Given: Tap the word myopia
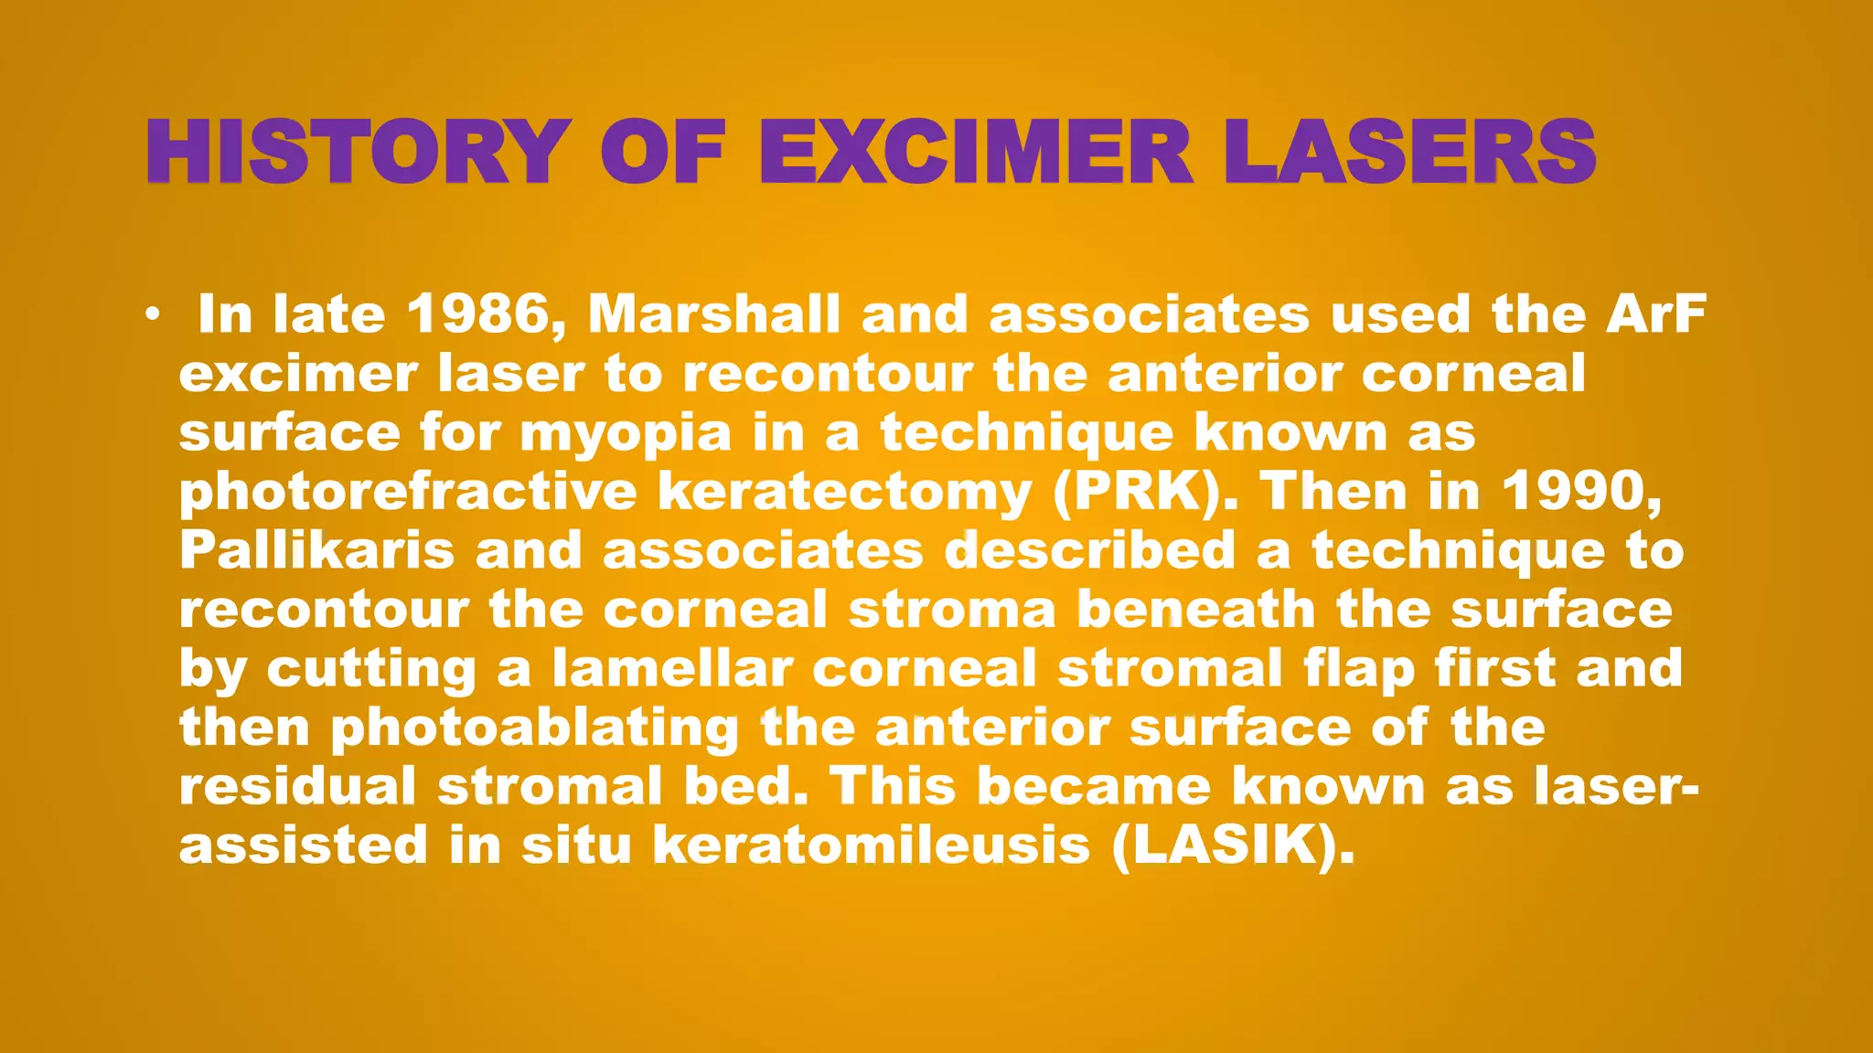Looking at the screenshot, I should pos(626,433).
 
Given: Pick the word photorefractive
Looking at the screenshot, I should pos(407,493).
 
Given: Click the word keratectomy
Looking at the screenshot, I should pos(844,493).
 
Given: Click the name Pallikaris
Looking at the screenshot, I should pos(316,551).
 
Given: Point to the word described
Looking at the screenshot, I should pos(1089,551).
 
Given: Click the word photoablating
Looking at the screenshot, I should pos(534,729).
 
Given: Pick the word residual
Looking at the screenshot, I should pos(297,786).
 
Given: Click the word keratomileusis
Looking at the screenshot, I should pos(872,846).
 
